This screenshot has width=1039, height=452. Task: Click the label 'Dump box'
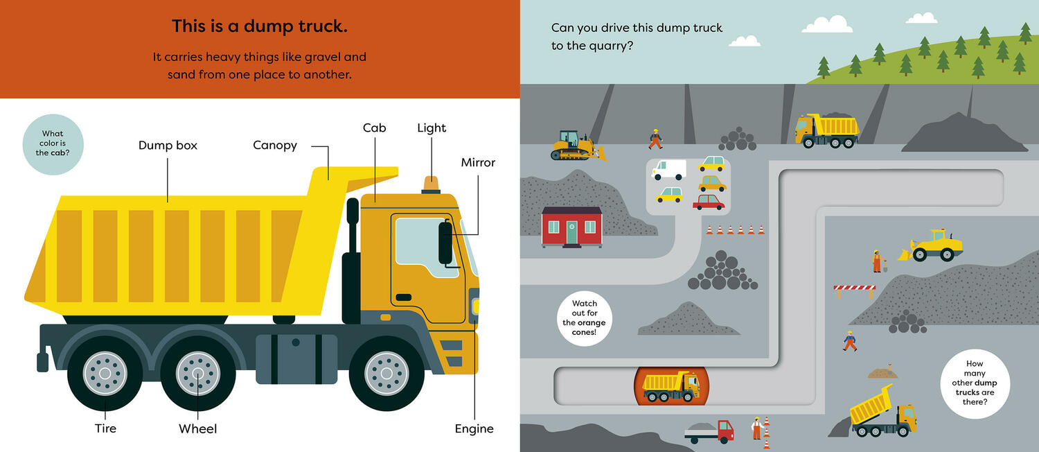[x=168, y=146]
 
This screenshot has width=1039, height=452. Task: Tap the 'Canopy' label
[x=275, y=146]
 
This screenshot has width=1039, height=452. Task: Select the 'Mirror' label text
[x=478, y=163]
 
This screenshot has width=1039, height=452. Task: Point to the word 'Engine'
[x=474, y=428]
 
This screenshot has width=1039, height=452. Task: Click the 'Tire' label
[x=105, y=428]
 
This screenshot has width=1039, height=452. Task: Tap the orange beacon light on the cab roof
[x=431, y=184]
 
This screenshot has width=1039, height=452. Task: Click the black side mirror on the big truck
[x=445, y=243]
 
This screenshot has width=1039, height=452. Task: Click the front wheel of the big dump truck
[x=387, y=373]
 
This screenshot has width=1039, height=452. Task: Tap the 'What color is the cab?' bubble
[x=53, y=144]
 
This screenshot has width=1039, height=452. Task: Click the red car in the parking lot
[x=709, y=202]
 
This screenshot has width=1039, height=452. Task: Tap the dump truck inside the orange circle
[x=671, y=385]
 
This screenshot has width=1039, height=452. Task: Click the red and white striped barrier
[x=854, y=288]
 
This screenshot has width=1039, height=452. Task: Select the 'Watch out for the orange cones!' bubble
[x=585, y=318]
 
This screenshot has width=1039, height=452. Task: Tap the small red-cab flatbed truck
[x=709, y=431]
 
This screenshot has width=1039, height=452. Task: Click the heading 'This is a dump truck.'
[x=260, y=27]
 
